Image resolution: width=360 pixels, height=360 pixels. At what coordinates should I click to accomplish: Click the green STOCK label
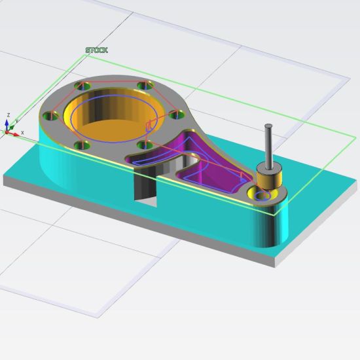pos(97,50)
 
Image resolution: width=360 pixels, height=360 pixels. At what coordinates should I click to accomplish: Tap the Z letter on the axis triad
pos(7,115)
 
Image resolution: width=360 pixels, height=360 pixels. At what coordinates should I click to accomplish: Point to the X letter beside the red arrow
pos(22,133)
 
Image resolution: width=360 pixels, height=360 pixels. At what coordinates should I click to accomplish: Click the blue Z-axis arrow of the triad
pos(7,123)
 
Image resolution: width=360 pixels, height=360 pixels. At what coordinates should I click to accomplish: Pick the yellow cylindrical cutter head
pos(268,179)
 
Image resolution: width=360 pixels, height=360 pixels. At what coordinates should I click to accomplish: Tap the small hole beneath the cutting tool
pos(264,196)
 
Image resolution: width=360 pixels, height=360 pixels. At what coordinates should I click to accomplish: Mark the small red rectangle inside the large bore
pos(149,125)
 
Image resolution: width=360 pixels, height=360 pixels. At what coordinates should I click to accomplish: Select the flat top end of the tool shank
pos(268,127)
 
